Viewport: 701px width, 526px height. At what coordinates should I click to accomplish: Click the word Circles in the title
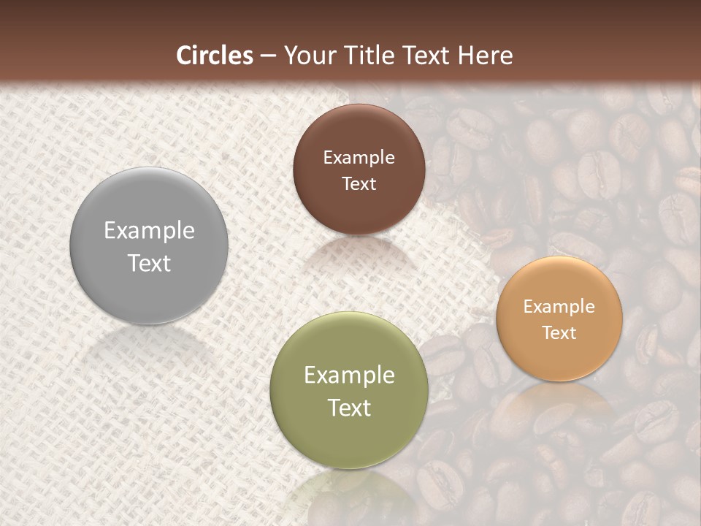215,56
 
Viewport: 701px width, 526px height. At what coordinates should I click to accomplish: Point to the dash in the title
268,56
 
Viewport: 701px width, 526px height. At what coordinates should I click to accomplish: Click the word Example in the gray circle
149,231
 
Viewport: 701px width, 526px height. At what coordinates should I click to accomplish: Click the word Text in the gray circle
149,263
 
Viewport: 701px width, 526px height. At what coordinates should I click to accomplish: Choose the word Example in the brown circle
359,158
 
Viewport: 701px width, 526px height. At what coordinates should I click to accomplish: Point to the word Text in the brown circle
359,184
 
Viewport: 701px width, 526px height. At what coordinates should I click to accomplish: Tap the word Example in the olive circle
349,376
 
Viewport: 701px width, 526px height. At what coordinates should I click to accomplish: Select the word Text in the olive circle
349,408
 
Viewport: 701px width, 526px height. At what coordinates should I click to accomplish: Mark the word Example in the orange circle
559,307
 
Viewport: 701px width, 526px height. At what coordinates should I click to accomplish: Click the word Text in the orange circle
559,333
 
